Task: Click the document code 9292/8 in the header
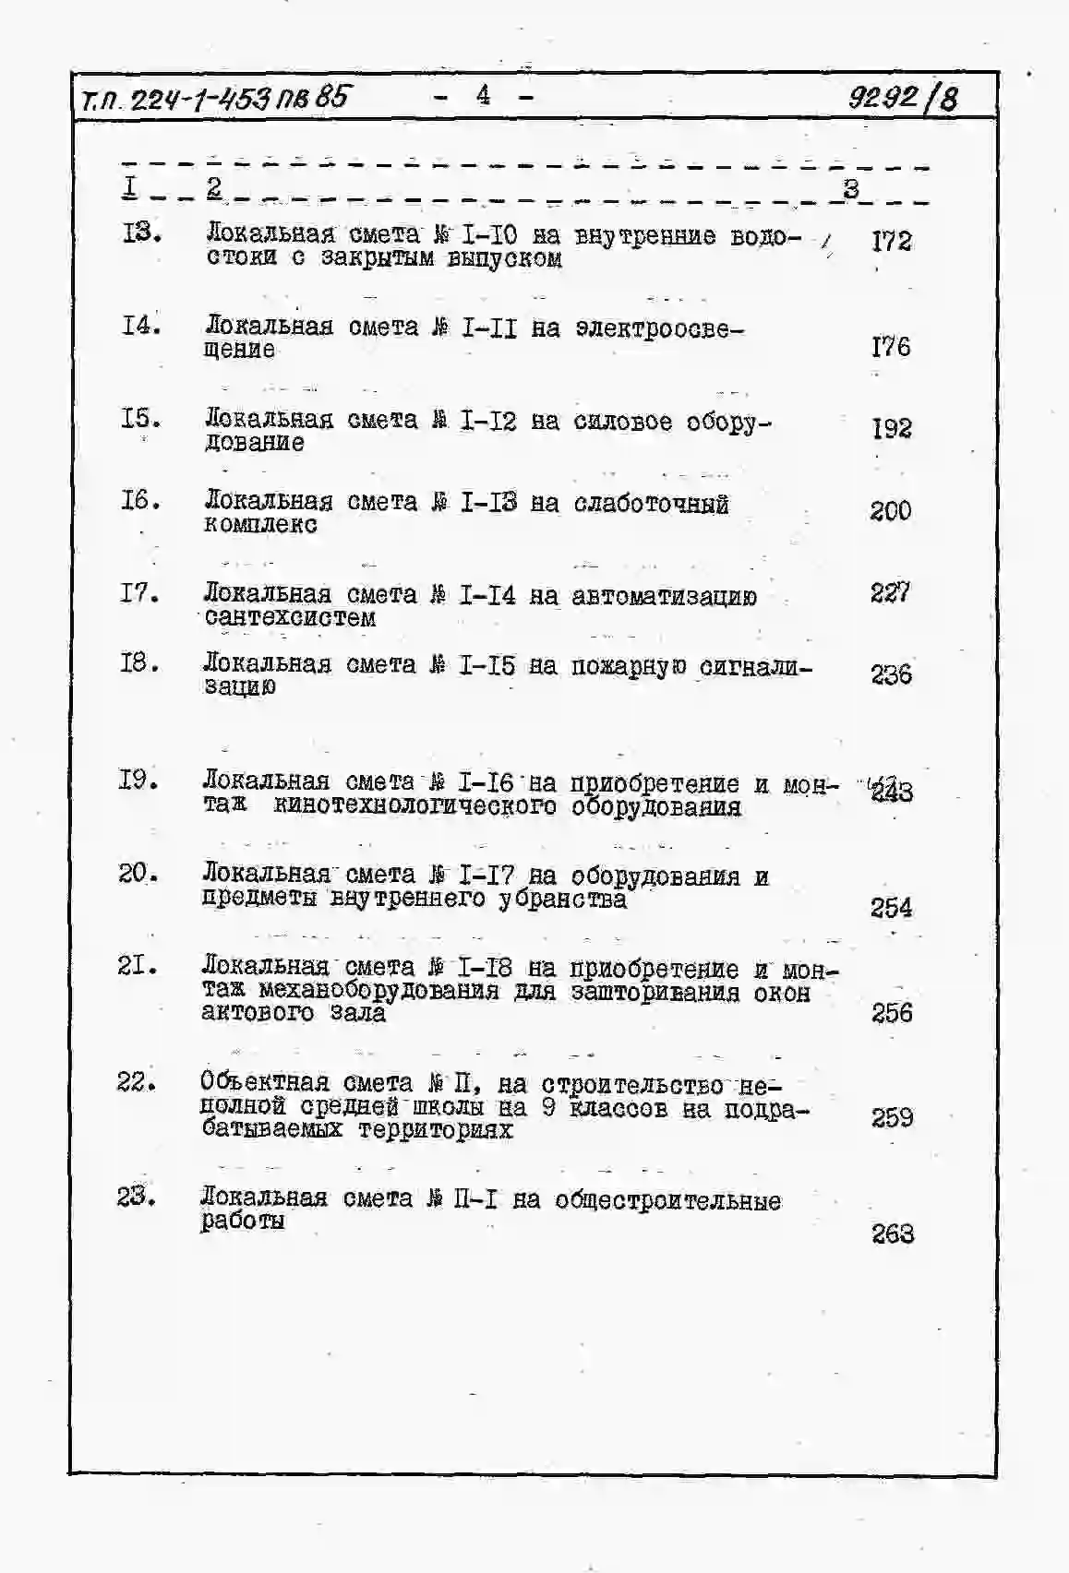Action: pos(903,97)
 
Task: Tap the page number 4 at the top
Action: pos(483,94)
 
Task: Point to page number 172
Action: pos(891,242)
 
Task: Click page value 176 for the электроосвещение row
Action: pos(890,347)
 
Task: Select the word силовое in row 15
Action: pos(622,422)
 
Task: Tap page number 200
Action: pos(890,511)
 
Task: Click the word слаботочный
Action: pos(651,504)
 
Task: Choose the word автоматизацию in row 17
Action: pos(664,597)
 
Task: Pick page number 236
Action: pos(891,674)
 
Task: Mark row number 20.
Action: pos(138,873)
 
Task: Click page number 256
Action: pos(892,1013)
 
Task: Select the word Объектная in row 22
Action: pos(264,1082)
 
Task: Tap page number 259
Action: pos(892,1118)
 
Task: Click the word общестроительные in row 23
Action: pos(667,1200)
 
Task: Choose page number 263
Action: pos(893,1233)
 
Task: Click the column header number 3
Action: pos(850,189)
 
